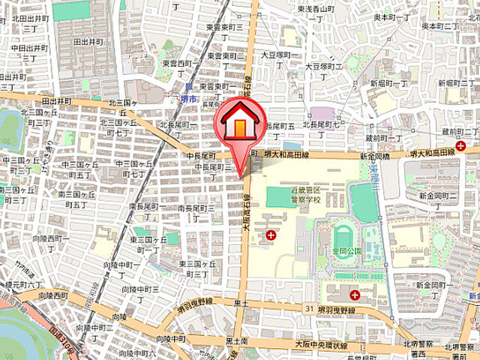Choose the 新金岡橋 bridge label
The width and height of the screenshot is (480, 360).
[x=374, y=156]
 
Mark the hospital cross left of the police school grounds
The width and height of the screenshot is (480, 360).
[x=271, y=236]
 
